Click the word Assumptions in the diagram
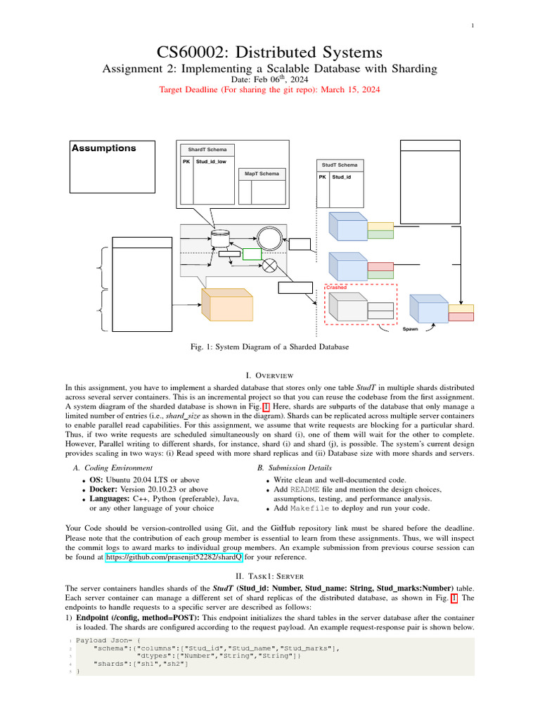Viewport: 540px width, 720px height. point(104,148)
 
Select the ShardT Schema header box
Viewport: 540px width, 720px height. point(207,150)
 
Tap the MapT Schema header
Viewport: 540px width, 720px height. point(262,173)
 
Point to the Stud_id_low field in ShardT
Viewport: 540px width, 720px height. point(211,162)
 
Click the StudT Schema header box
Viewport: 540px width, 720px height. point(340,165)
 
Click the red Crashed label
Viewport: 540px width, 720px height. point(337,287)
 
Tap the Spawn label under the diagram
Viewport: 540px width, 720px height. point(409,329)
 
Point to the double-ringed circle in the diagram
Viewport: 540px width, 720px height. point(269,238)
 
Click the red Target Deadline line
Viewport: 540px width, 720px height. point(269,90)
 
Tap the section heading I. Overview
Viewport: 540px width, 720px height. point(269,375)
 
